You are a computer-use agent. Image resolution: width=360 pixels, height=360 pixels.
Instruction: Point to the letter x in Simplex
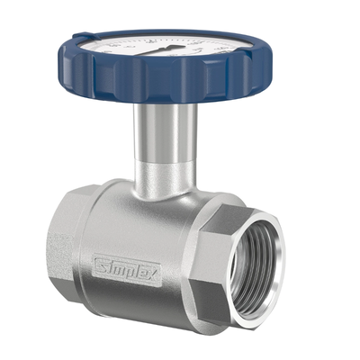pos(156,280)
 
